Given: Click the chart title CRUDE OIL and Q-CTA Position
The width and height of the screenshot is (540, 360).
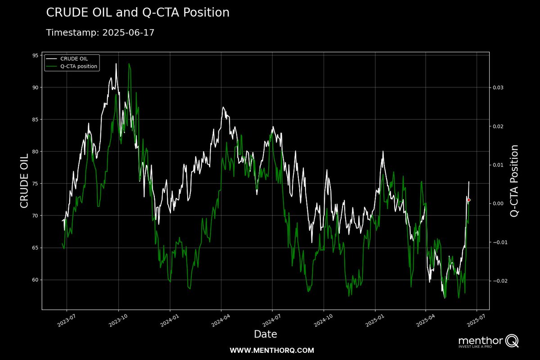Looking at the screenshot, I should pyautogui.click(x=138, y=13).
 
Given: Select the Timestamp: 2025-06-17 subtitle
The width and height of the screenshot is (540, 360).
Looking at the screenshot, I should pyautogui.click(x=100, y=33).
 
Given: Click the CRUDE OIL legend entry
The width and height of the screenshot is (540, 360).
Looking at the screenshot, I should pyautogui.click(x=74, y=58).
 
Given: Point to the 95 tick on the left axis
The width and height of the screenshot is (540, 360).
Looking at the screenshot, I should pyautogui.click(x=34, y=55).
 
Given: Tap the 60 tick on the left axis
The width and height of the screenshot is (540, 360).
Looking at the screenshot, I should pyautogui.click(x=34, y=280).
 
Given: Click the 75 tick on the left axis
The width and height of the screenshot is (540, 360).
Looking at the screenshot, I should pyautogui.click(x=34, y=184).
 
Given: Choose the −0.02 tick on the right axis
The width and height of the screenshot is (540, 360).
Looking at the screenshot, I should pyautogui.click(x=500, y=281).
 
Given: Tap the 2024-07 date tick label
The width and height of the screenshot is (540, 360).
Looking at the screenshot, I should pyautogui.click(x=271, y=321).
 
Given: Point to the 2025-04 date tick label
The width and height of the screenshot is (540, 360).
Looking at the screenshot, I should pyautogui.click(x=424, y=321).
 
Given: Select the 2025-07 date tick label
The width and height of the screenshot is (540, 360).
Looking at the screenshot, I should pyautogui.click(x=476, y=321).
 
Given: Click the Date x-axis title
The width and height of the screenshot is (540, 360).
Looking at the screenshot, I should pyautogui.click(x=265, y=334).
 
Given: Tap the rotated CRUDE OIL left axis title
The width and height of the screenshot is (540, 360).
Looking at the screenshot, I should pyautogui.click(x=24, y=181).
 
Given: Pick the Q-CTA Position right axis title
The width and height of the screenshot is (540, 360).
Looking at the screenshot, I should pyautogui.click(x=514, y=181).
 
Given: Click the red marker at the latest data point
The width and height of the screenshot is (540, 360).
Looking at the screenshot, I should pyautogui.click(x=469, y=200).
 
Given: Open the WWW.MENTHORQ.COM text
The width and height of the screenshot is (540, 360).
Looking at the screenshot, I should pyautogui.click(x=272, y=350).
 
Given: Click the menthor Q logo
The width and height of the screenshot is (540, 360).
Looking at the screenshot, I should pyautogui.click(x=488, y=342).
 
